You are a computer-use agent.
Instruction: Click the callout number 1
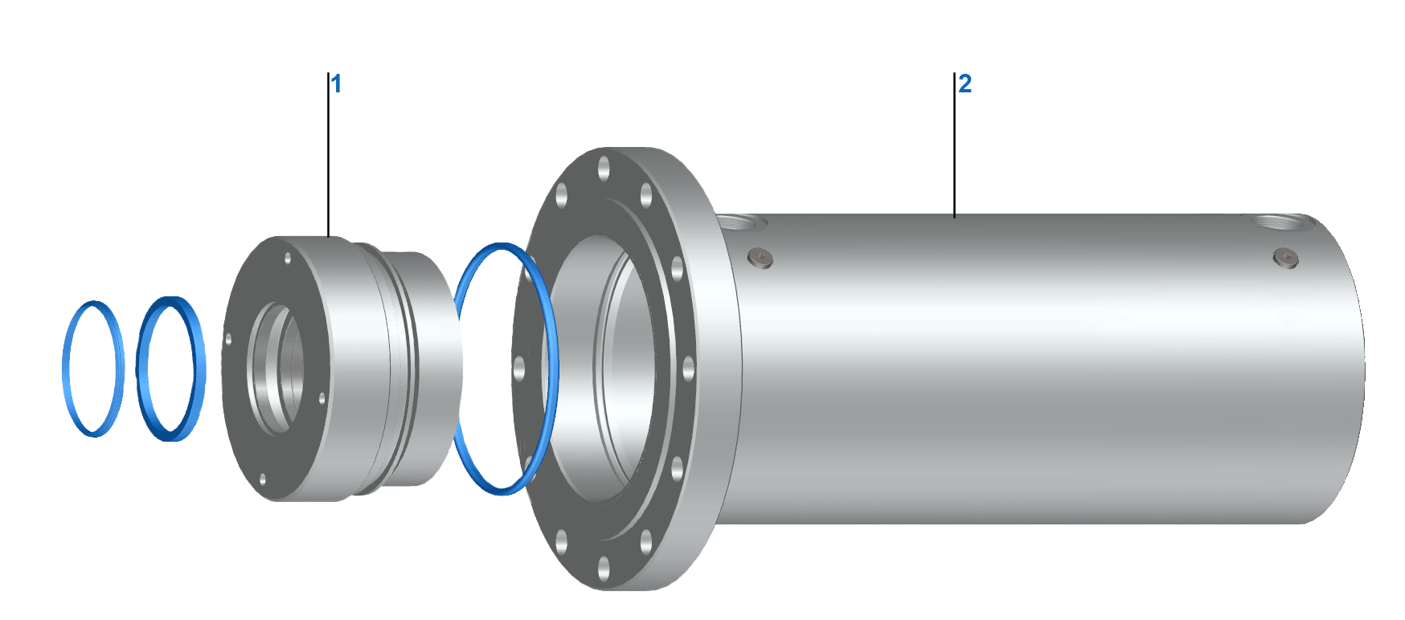337,84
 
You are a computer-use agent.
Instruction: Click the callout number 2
965,84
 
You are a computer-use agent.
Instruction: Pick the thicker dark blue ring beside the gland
142,369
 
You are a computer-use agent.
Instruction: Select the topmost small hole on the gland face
288,259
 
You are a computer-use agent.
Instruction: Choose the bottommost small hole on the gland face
263,480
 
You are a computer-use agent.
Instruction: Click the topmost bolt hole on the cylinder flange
604,168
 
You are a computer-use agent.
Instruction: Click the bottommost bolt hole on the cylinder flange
604,573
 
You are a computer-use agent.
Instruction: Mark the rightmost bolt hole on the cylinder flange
688,369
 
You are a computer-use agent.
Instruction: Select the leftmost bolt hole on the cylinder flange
519,369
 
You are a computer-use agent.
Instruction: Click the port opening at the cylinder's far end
1277,221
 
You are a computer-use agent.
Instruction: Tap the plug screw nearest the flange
760,258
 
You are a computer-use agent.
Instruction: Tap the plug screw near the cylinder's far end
1286,259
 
